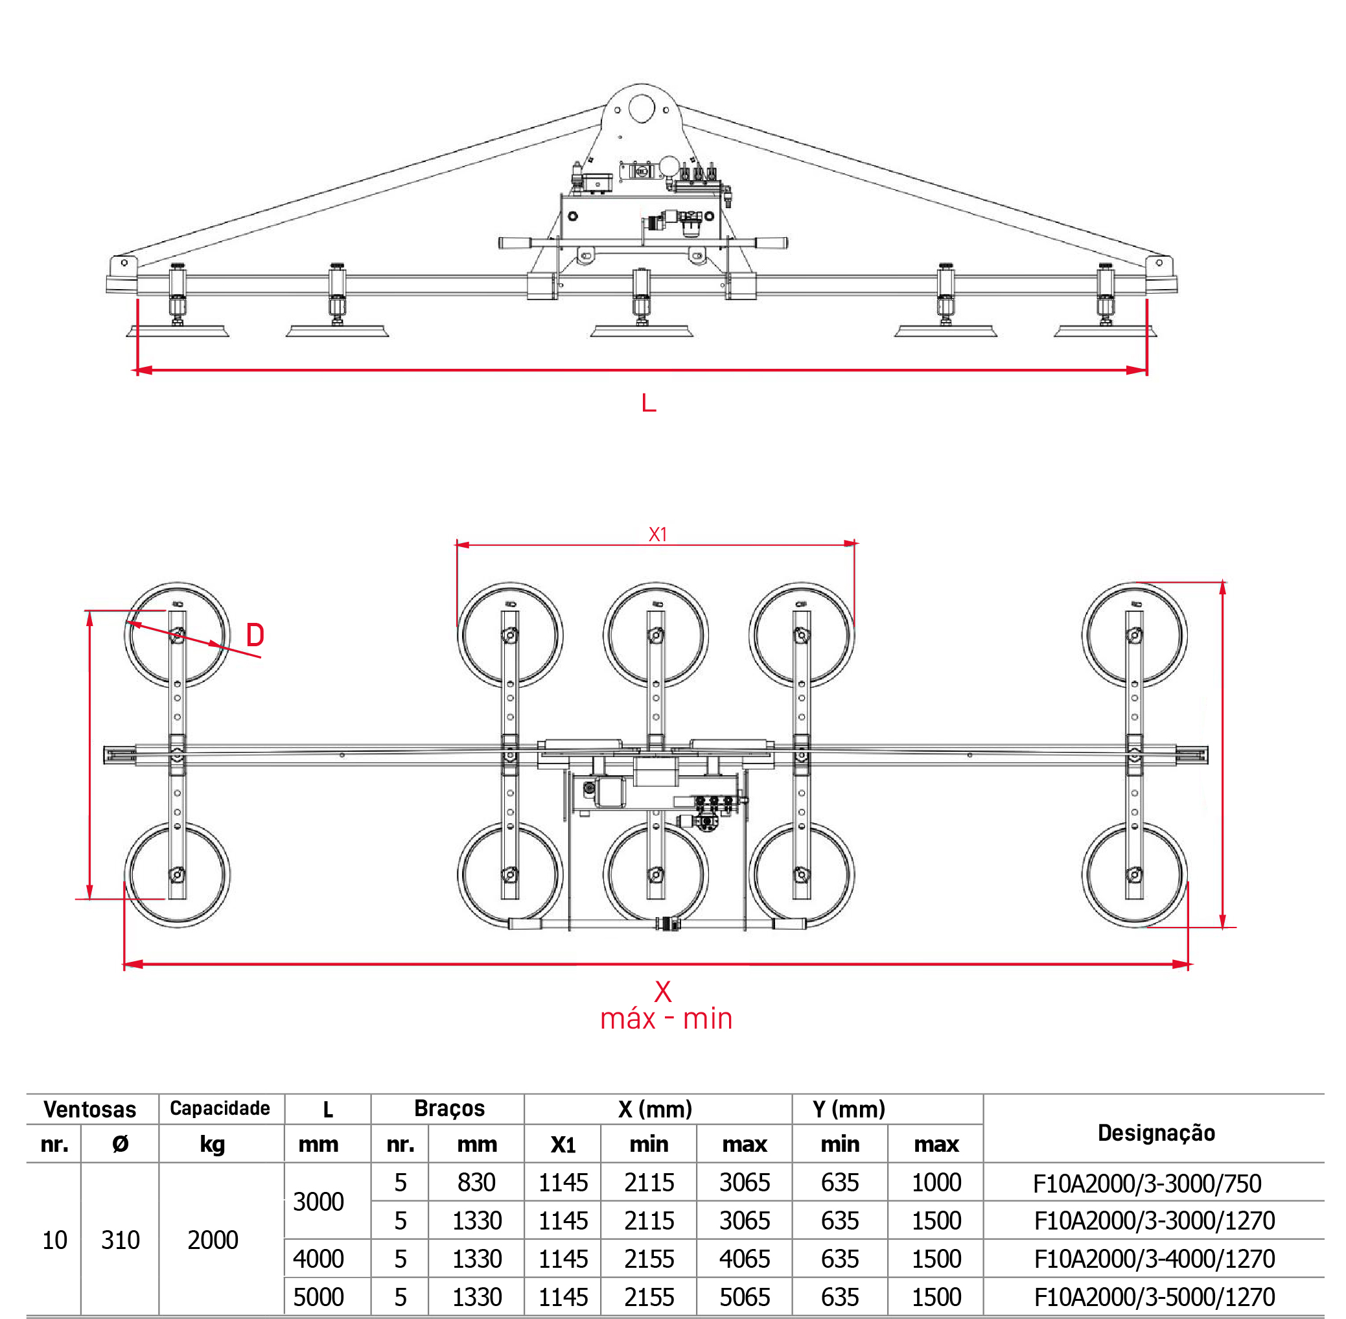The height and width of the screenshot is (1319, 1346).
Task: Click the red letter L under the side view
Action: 649,403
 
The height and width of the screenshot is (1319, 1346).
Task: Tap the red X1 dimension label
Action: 657,535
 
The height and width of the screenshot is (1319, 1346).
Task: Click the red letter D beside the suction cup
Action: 255,635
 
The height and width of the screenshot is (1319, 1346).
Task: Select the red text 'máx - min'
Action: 666,1019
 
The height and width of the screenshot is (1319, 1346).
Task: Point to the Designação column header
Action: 1156,1132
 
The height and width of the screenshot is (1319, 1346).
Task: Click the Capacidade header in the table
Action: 220,1108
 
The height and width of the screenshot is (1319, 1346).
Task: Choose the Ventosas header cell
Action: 90,1109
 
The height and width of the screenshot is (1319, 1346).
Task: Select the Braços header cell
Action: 449,1108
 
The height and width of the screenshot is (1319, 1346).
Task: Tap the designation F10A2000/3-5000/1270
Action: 1154,1297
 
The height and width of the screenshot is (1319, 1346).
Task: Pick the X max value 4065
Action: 745,1259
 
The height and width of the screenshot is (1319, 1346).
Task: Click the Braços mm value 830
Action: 476,1182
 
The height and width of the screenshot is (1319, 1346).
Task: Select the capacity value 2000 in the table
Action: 213,1240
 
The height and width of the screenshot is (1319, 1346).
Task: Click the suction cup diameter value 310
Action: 121,1240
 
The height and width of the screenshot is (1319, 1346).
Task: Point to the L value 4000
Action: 318,1259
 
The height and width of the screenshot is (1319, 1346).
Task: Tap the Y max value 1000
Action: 936,1182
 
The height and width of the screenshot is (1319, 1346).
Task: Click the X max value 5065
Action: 745,1297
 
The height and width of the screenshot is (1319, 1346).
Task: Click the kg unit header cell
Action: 212,1145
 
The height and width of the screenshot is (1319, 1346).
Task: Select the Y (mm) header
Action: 848,1109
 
